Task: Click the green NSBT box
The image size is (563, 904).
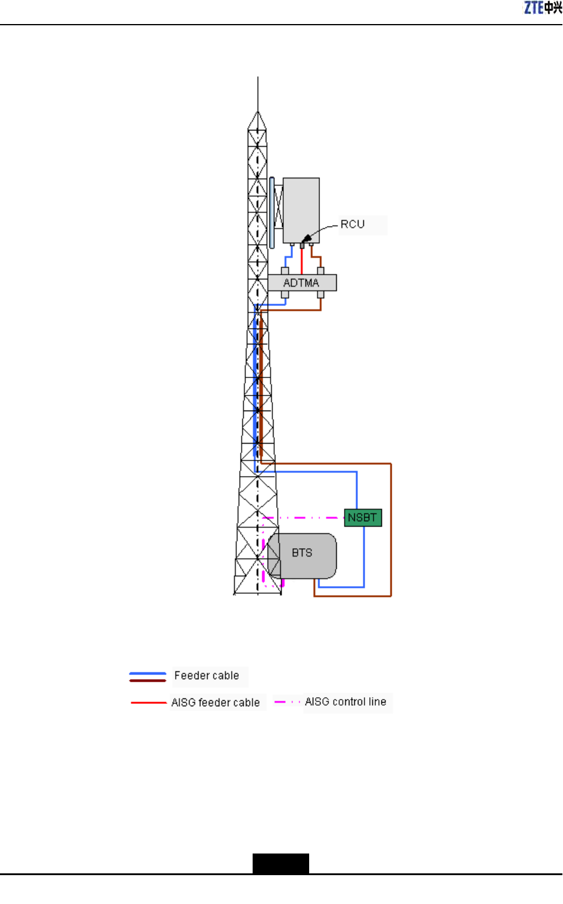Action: pos(363,518)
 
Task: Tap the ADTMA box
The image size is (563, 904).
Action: pos(301,282)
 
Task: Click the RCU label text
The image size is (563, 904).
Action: pos(352,224)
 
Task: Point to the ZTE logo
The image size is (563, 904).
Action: pos(543,8)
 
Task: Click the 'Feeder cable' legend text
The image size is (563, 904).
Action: pos(206,676)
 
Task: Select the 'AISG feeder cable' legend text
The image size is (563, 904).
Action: pos(215,702)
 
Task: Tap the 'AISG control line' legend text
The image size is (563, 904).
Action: pos(345,701)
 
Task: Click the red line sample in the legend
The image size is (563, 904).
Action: pos(148,702)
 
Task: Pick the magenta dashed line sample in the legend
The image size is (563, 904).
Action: pos(287,701)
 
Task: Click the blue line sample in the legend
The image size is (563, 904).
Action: pos(147,673)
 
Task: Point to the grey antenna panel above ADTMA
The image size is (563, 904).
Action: pos(301,209)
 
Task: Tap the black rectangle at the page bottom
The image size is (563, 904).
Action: pos(280,863)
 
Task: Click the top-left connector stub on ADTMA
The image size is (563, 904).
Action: pos(285,271)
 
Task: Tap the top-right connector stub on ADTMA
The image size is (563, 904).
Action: pos(321,271)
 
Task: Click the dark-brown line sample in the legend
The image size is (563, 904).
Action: pos(147,680)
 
